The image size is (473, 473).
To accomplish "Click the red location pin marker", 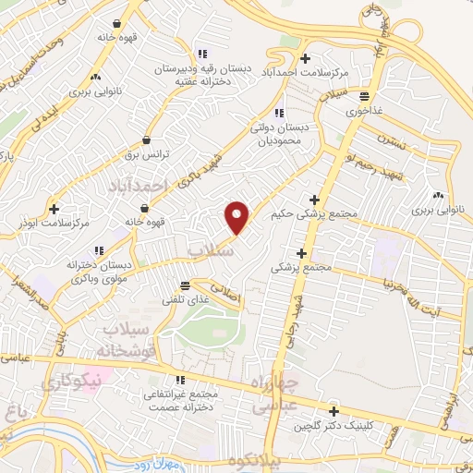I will tap(237, 216).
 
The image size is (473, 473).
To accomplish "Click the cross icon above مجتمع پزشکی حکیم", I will tap(315, 199).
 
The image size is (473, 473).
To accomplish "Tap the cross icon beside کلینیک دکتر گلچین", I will tap(334, 410).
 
